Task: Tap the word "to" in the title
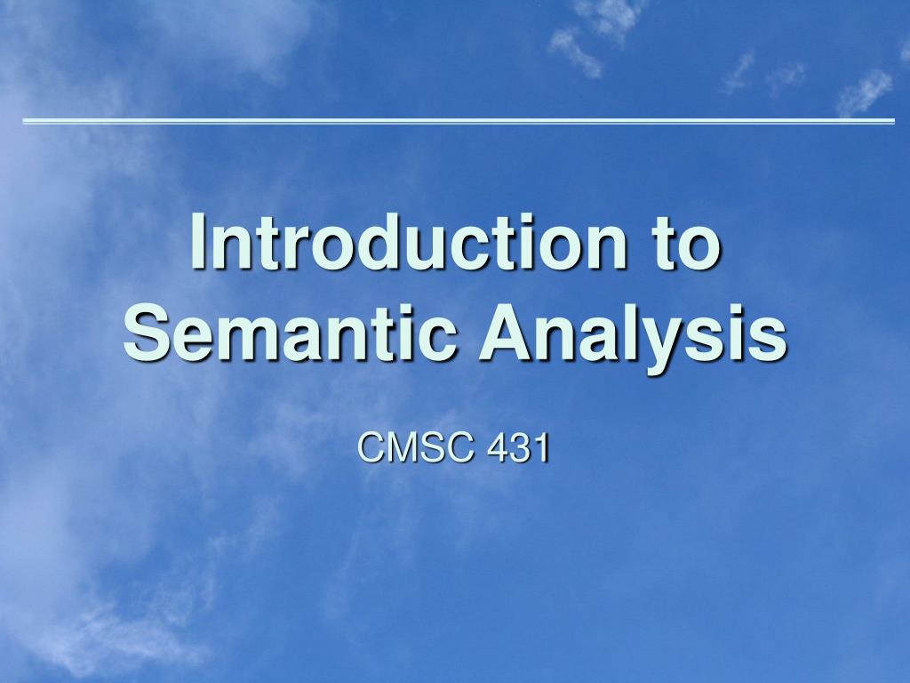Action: point(685,242)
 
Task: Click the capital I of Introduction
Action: point(198,242)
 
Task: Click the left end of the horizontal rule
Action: point(25,121)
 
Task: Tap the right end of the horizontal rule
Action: point(892,121)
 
